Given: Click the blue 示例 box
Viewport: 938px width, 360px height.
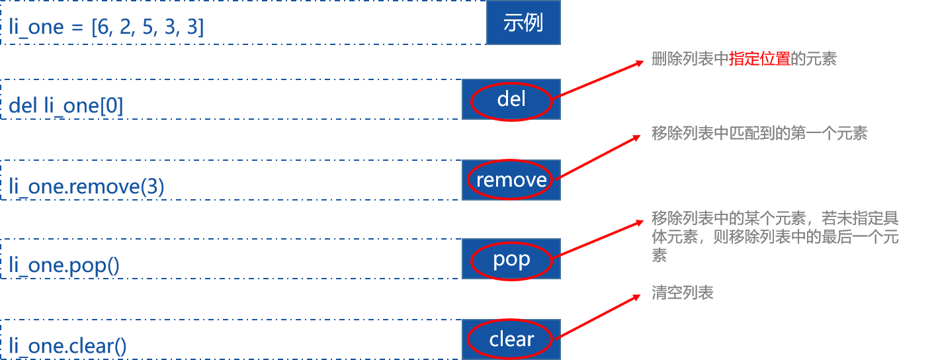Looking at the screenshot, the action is [x=523, y=23].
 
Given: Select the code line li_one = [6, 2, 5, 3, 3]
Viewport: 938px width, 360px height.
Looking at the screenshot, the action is [x=107, y=28].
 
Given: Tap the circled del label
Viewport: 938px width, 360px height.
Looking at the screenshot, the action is [x=511, y=100].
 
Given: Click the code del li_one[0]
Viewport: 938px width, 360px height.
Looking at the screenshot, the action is [x=66, y=106].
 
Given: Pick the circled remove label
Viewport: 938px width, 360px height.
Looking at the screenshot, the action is [x=511, y=180].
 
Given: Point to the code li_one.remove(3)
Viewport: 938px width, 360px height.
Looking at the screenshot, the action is [x=87, y=187].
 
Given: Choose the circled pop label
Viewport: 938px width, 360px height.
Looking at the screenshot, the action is [x=511, y=259].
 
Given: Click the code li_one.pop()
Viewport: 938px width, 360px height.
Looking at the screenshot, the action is [x=64, y=266].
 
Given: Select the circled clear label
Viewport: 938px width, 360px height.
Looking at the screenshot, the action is [x=511, y=339].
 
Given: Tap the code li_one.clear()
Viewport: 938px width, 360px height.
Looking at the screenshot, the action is [x=67, y=346].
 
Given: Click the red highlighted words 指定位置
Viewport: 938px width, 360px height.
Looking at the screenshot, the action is [x=760, y=60].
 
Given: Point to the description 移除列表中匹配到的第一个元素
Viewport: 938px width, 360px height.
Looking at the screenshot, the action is [x=759, y=134].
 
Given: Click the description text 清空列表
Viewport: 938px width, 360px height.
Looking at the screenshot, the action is [x=682, y=293].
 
